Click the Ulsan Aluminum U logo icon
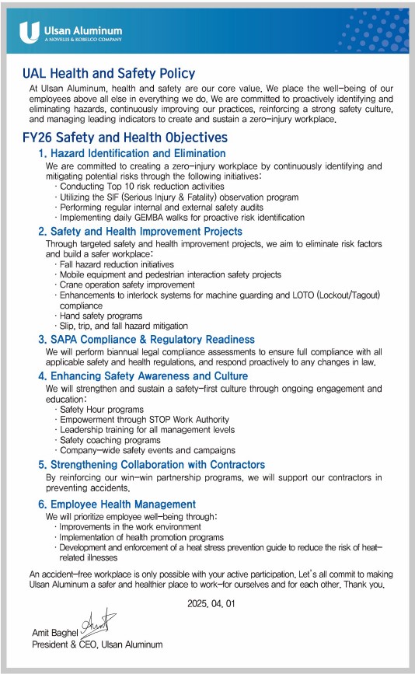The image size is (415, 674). [x=30, y=31]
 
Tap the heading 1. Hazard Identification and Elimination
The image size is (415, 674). [x=132, y=154]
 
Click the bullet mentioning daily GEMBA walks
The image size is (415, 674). [x=181, y=218]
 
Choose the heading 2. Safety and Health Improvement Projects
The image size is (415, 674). [x=141, y=232]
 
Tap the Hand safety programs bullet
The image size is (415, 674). [x=100, y=316]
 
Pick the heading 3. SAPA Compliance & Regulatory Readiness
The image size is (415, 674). [x=146, y=340]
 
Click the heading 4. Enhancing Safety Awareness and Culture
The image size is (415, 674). [x=144, y=375]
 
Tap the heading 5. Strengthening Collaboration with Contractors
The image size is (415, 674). [x=152, y=465]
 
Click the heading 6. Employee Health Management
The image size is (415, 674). [x=117, y=505]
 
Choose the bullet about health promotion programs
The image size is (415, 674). [x=141, y=537]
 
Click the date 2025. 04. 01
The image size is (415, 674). [x=210, y=603]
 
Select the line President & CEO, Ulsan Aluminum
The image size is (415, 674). [x=97, y=644]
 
